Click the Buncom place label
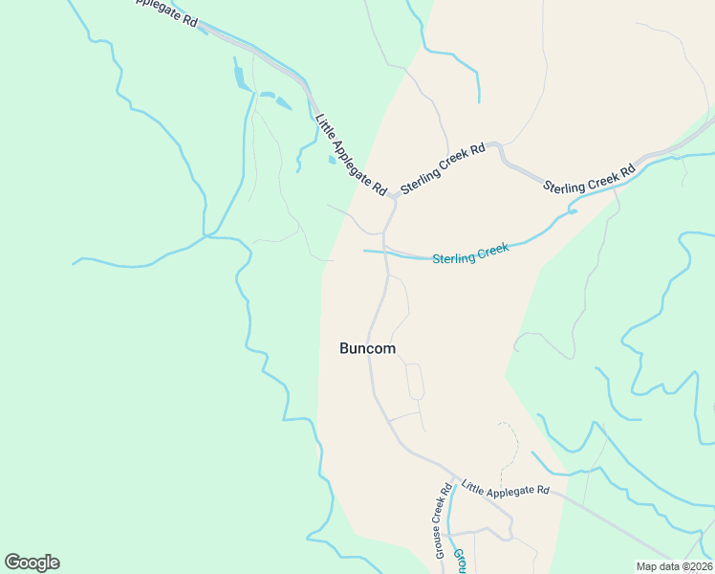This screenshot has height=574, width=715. point(367,349)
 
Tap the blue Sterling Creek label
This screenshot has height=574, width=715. point(470,254)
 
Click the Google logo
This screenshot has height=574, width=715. point(32,563)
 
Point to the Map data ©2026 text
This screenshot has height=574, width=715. point(675,566)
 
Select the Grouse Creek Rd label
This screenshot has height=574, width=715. point(444,521)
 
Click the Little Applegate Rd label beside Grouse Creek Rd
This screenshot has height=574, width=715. point(506,488)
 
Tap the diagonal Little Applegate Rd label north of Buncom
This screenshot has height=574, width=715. point(350,155)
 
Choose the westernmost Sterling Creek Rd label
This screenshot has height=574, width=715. point(444,169)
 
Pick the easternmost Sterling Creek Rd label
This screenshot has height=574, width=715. point(589,179)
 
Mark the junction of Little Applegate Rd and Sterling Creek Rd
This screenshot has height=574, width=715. point(394,196)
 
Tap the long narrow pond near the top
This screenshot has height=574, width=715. point(239,75)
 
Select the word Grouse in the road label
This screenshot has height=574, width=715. point(441,541)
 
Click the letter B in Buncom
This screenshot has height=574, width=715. point(344,349)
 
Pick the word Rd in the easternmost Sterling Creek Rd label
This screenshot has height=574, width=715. point(628,171)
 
